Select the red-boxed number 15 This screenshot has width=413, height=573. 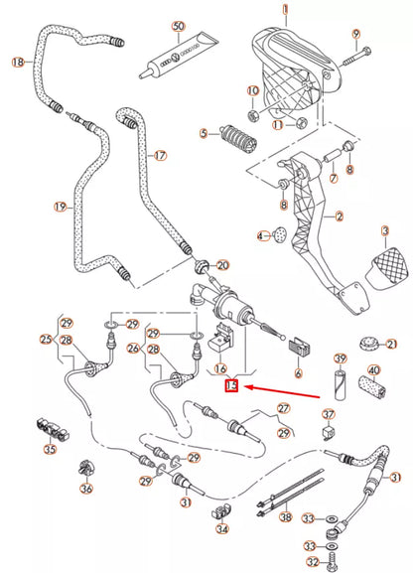pos(231,384)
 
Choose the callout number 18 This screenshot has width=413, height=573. pos(17,63)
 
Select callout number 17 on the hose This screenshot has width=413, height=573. pos(159,156)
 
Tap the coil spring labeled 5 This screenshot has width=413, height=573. pos(234,132)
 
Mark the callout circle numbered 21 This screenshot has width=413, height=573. pos(392,344)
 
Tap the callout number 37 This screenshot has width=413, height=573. pos(329,414)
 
